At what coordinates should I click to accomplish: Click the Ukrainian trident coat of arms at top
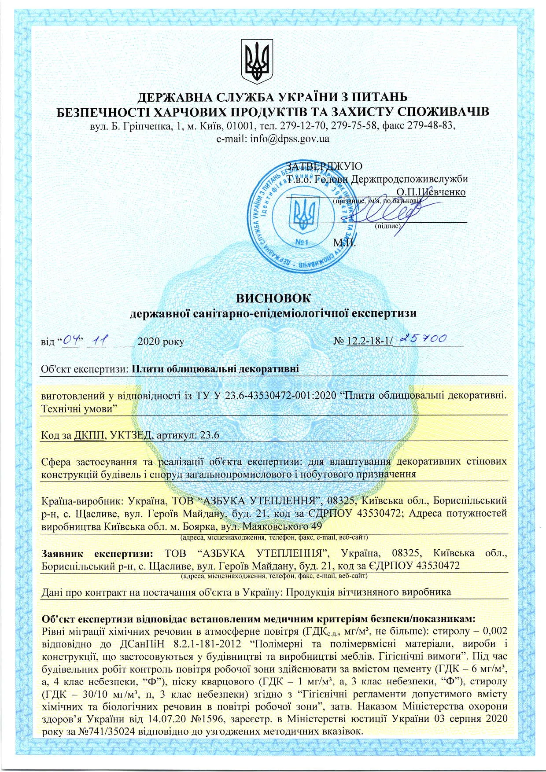[x=257, y=62]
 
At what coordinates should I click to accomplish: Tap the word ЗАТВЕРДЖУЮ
[x=325, y=166]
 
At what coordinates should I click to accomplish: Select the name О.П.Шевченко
[x=431, y=192]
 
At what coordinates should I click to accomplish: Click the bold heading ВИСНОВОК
[x=273, y=298]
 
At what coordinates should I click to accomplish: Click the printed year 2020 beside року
[x=148, y=342]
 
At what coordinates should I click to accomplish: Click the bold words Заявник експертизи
[x=97, y=553]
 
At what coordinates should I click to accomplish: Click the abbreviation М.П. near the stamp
[x=344, y=243]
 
